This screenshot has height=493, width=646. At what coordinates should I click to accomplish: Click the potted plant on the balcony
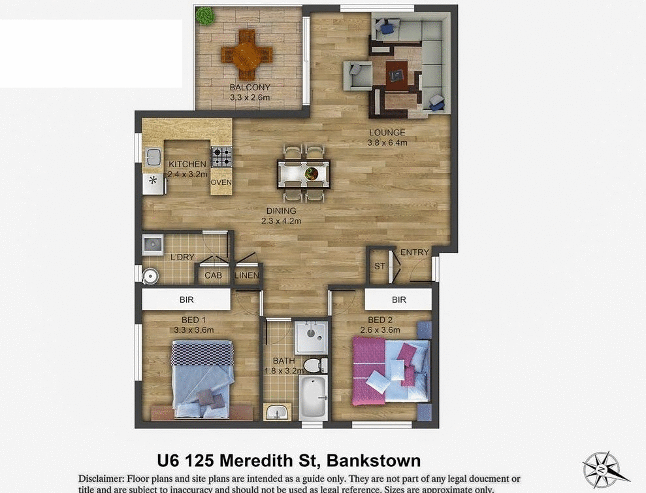(x=204, y=16)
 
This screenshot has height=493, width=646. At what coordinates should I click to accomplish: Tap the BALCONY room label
(x=250, y=88)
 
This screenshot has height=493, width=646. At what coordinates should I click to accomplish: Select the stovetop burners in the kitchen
(x=221, y=156)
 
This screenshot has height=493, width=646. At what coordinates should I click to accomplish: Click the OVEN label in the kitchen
(x=221, y=182)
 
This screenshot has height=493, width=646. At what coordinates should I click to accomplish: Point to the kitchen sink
(x=153, y=157)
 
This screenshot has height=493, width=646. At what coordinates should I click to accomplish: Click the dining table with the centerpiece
(x=304, y=173)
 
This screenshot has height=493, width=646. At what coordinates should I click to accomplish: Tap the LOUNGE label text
(x=387, y=133)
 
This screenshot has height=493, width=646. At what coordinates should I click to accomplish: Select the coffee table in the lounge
(x=396, y=73)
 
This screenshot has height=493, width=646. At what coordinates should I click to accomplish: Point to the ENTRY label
(x=415, y=252)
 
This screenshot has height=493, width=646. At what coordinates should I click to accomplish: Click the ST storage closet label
(x=380, y=266)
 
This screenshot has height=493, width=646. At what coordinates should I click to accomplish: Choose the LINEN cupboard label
(x=246, y=275)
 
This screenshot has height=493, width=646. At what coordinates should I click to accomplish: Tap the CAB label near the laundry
(x=213, y=275)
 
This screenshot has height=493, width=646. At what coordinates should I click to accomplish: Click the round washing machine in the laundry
(x=151, y=276)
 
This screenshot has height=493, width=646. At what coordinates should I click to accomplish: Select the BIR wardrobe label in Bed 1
(x=187, y=300)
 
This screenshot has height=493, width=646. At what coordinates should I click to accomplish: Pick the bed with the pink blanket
(x=391, y=371)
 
